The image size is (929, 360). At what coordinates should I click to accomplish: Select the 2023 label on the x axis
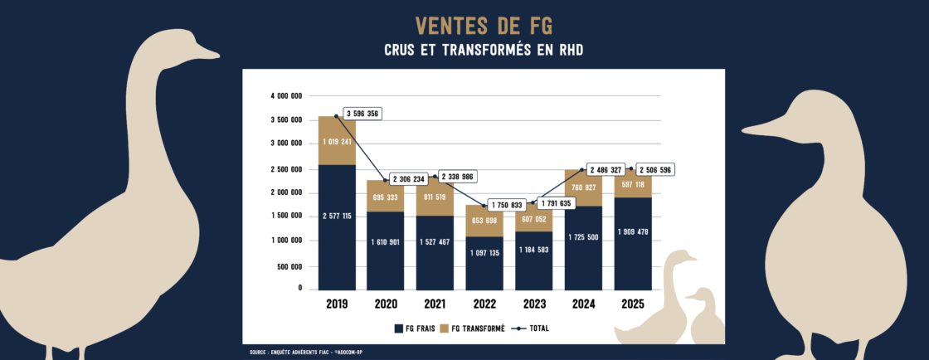(534, 304)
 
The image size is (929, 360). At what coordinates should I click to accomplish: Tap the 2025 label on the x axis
(633, 304)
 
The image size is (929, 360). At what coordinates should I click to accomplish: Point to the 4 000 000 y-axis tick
(287, 96)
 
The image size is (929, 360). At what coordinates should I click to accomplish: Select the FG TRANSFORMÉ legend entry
(474, 328)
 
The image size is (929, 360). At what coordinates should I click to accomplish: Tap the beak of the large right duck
(759, 131)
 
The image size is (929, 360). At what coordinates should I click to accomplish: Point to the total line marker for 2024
(583, 170)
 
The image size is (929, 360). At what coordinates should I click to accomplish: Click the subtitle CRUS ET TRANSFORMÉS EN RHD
(484, 51)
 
